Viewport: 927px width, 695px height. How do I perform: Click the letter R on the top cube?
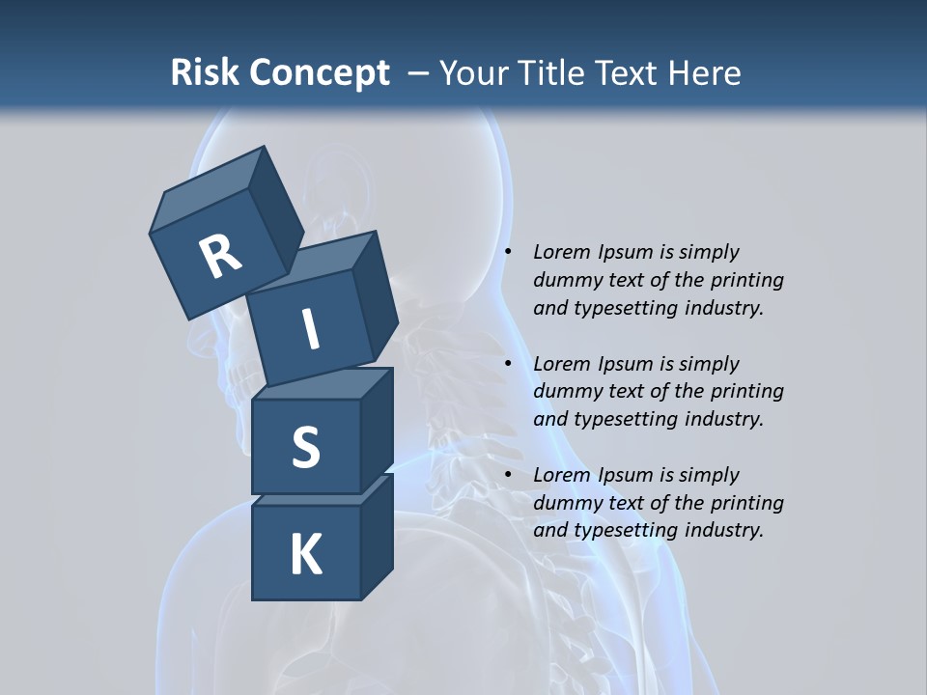click(x=220, y=256)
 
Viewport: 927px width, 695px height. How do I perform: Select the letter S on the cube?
click(x=305, y=447)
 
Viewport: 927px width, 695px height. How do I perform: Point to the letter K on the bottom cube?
click(x=305, y=555)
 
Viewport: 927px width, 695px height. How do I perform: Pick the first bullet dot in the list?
click(x=509, y=252)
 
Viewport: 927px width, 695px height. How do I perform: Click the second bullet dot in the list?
click(x=509, y=364)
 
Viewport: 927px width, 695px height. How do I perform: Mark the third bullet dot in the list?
click(x=509, y=475)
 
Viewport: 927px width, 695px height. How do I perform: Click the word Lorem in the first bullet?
click(x=559, y=252)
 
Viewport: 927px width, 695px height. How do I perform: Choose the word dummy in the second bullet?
click(x=564, y=391)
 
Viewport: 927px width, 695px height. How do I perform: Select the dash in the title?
click(x=419, y=73)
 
